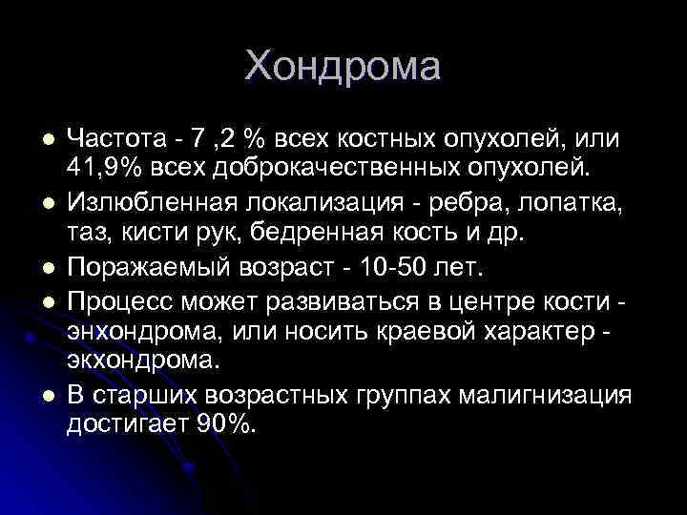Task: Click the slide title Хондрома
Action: [x=343, y=67]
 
